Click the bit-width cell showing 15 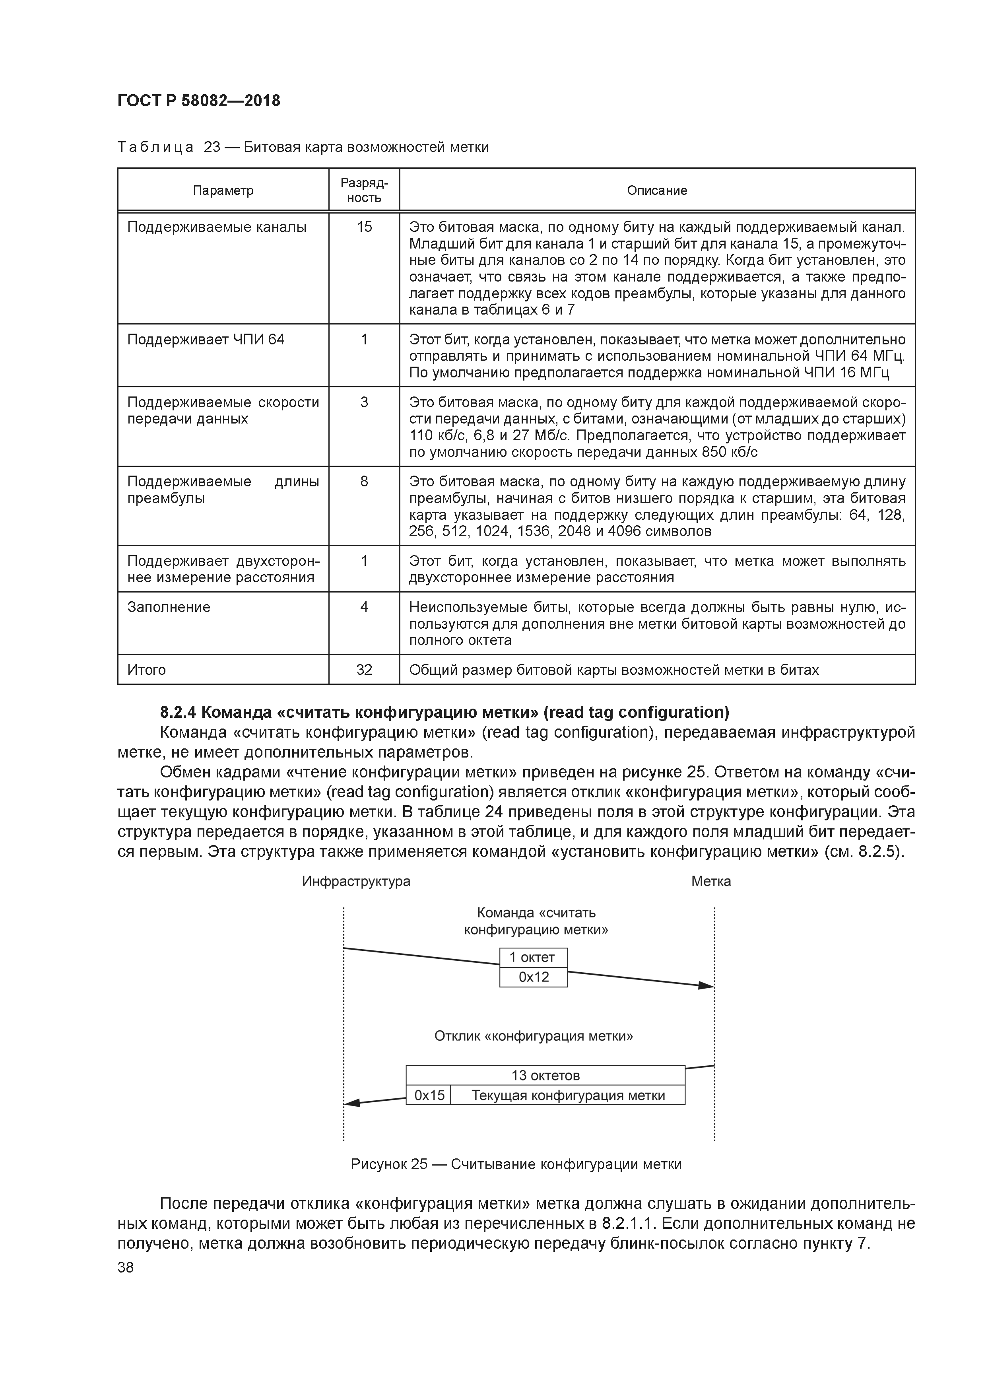(x=364, y=227)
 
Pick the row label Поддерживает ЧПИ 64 (x=206, y=340)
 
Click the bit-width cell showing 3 (x=364, y=402)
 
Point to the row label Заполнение (x=169, y=607)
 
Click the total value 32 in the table (x=364, y=670)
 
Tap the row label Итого (x=146, y=670)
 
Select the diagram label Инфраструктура (x=356, y=881)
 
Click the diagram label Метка (x=711, y=881)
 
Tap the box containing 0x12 (x=534, y=977)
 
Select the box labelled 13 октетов (x=545, y=1075)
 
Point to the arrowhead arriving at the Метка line (x=706, y=985)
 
